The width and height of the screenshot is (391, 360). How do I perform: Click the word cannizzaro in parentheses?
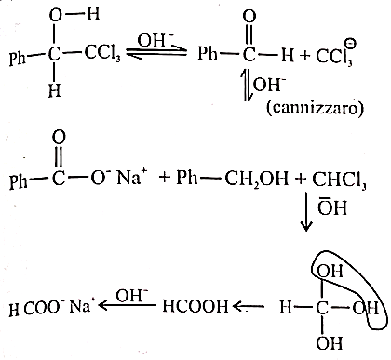315,108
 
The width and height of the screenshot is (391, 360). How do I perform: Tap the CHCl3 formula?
339,180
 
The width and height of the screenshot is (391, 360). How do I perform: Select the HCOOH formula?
195,306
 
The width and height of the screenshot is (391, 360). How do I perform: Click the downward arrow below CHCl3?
306,212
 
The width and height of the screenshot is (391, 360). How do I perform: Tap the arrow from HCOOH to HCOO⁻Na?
128,306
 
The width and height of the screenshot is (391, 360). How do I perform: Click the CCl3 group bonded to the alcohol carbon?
102,53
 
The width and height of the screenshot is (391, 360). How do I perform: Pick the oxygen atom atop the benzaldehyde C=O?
249,16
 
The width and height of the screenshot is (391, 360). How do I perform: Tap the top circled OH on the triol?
330,271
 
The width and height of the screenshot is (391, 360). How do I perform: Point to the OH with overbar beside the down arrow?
331,207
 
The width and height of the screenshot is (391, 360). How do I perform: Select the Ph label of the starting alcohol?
18,58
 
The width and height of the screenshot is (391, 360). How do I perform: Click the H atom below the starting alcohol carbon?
55,89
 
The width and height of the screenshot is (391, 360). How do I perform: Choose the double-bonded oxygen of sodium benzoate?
59,137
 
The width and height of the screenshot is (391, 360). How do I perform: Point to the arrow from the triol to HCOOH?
249,306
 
